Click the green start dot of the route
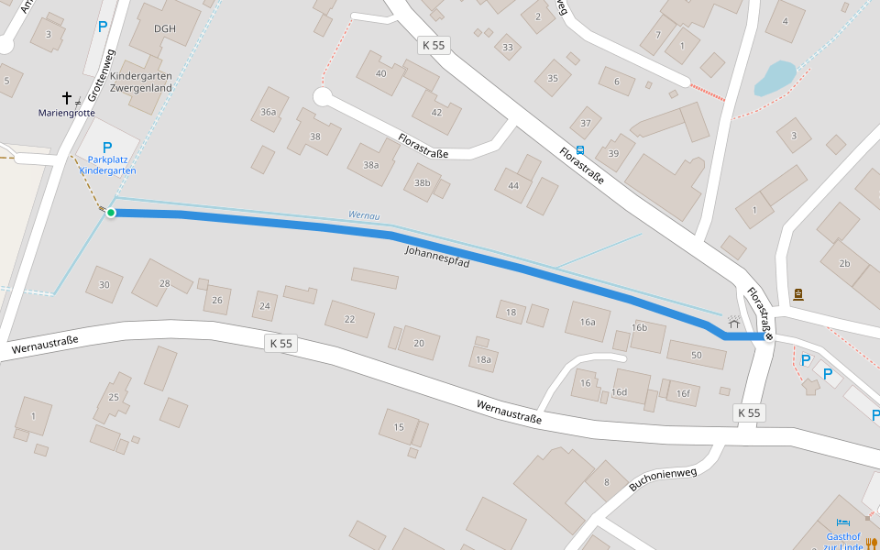(111, 213)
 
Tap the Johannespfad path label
(437, 256)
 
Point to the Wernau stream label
(364, 215)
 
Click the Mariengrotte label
(67, 114)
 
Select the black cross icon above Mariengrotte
(67, 97)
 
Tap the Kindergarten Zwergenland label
(141, 82)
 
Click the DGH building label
(165, 29)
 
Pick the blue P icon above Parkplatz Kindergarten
(107, 148)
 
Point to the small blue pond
(775, 78)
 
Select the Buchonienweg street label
(664, 479)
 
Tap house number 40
(381, 74)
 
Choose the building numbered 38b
(422, 182)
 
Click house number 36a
(269, 112)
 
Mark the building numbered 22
(349, 319)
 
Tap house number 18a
(484, 359)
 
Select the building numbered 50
(697, 355)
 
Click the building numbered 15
(399, 427)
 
